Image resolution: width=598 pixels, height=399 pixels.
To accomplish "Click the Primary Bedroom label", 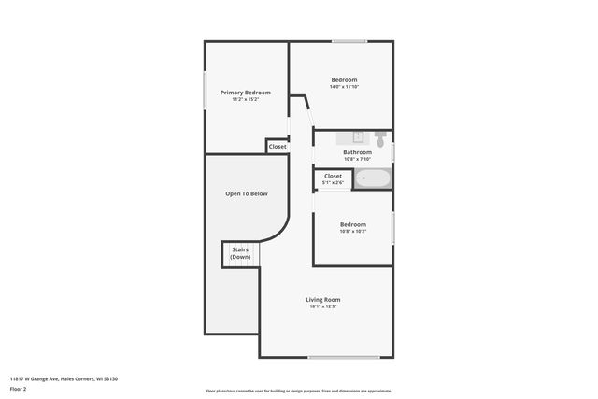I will [246, 93].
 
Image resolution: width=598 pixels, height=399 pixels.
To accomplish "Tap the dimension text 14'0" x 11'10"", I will [344, 87].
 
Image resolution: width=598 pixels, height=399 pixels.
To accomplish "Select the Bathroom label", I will [357, 152].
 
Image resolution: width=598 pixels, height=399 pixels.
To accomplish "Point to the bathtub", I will [373, 178].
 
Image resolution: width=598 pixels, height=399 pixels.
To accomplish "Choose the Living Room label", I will [322, 299].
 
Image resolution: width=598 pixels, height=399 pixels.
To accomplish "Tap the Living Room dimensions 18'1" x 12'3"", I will [322, 306].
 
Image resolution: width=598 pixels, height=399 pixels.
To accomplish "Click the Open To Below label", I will [247, 193].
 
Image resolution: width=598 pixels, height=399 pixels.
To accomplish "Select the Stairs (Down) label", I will [240, 253].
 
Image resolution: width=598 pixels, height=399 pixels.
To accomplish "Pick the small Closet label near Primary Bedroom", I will [278, 147].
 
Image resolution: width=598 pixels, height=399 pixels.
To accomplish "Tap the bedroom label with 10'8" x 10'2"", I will [352, 224].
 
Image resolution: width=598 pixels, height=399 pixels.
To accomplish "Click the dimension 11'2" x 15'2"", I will [246, 99].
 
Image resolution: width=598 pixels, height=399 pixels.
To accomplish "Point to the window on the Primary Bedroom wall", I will [206, 93].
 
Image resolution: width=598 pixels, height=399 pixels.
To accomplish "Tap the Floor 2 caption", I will [19, 388].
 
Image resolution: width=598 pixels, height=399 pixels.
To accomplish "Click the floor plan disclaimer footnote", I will [298, 391].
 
